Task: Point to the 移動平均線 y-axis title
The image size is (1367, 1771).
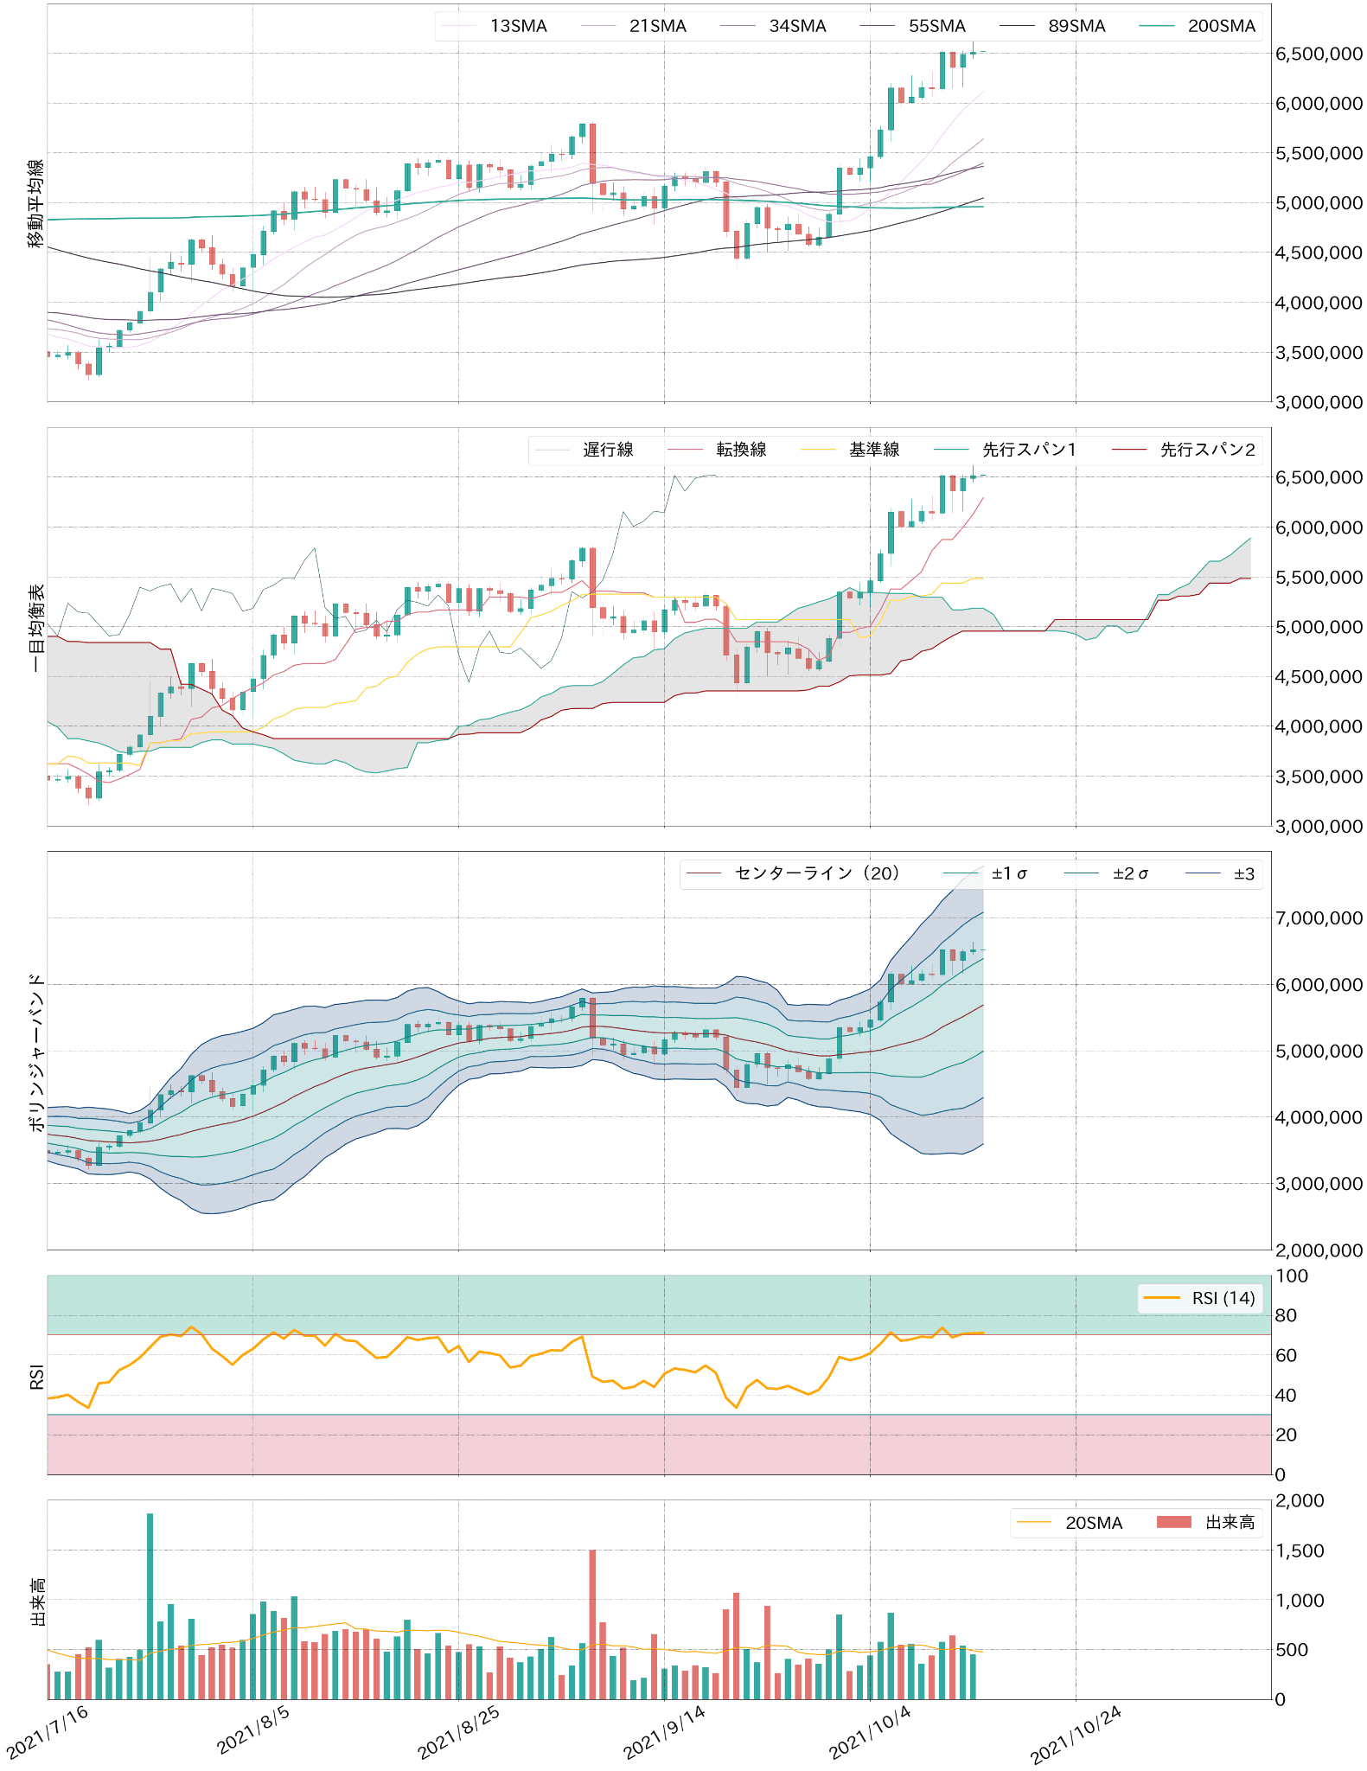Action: point(35,203)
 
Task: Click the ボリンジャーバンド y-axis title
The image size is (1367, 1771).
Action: point(35,1052)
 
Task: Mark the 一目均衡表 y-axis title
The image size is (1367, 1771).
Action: point(35,628)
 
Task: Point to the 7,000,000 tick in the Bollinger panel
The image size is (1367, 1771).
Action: point(1319,918)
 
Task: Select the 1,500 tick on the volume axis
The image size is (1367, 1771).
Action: point(1306,1550)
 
